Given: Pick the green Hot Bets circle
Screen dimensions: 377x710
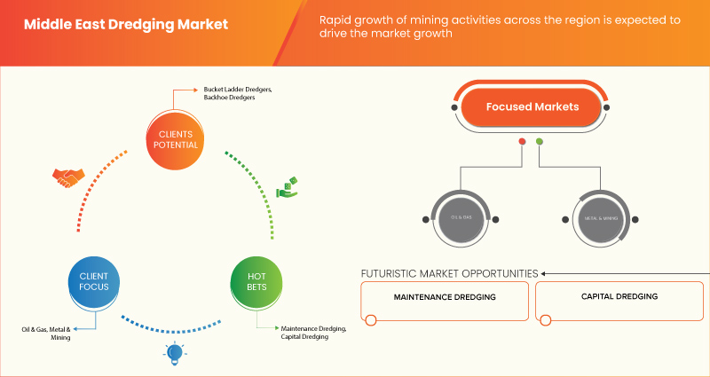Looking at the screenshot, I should click(x=256, y=281).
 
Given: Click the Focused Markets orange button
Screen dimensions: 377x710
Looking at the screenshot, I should click(x=532, y=106).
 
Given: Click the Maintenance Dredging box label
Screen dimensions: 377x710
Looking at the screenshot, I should click(x=445, y=296).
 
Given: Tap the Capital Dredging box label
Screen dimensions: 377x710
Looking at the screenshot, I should click(x=619, y=296).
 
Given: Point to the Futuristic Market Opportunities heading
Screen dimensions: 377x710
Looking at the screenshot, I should click(x=449, y=273).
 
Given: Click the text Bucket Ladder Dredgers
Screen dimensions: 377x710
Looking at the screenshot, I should click(x=236, y=90).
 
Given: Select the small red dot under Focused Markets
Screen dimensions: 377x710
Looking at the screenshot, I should click(x=522, y=141).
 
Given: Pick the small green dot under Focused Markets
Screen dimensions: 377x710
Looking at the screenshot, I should click(x=540, y=141).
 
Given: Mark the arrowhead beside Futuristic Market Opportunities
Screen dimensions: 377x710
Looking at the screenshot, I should click(x=544, y=273).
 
